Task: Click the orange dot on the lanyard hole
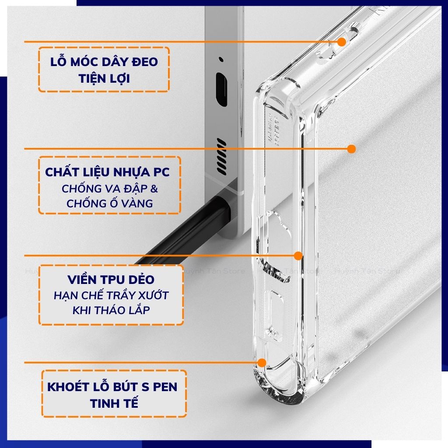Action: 342,42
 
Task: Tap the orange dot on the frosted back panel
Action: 351,149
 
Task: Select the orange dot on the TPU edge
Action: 298,255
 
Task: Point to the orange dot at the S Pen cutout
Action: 262,362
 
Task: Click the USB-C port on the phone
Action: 221,90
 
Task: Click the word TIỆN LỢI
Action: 104,78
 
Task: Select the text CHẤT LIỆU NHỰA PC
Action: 107,172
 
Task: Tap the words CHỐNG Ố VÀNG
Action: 109,203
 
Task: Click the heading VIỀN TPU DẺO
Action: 111,280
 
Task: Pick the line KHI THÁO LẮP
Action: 111,310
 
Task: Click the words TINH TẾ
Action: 114,403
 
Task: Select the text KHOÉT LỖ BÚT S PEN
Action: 112,387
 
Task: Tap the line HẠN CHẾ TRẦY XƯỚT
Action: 111,295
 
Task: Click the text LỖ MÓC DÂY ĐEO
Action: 104,62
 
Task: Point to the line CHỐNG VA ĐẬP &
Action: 110,189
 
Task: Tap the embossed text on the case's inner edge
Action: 276,127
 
